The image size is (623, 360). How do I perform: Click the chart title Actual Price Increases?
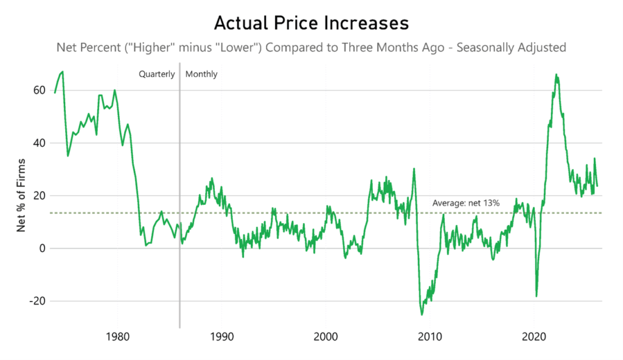point(311,23)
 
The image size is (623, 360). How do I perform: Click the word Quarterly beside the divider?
point(156,74)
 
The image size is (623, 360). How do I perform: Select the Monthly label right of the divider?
point(201,74)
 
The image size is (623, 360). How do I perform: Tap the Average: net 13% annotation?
point(465,203)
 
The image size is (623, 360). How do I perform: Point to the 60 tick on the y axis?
point(40,90)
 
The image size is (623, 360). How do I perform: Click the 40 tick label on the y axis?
point(40,143)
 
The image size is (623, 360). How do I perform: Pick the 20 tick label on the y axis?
point(40,196)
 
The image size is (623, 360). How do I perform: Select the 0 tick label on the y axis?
point(43,249)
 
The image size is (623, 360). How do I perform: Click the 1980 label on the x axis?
point(117,336)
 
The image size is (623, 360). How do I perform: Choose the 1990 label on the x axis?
point(221,336)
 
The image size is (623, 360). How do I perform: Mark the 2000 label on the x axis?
point(325,336)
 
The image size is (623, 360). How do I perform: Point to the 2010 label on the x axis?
point(430,336)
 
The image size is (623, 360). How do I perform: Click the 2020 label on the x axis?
point(534,336)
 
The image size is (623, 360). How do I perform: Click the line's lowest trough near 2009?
point(422,314)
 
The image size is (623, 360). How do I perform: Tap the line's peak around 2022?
point(556,74)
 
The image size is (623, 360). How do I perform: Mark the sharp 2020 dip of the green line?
point(536,296)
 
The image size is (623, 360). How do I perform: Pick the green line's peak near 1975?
point(63,72)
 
